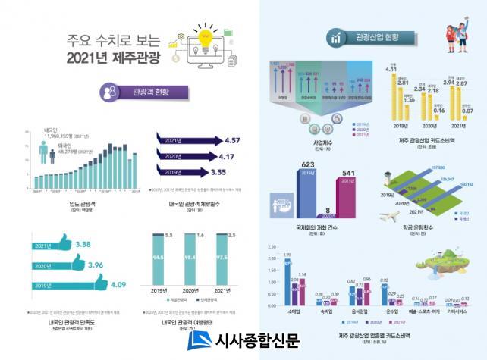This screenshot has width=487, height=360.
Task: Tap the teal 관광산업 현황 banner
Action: click(x=372, y=37)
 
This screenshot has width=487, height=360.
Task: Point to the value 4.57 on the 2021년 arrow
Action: click(x=227, y=139)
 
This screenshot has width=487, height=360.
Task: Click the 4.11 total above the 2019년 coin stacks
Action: click(x=391, y=70)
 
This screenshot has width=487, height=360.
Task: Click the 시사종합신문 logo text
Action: click(x=258, y=341)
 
